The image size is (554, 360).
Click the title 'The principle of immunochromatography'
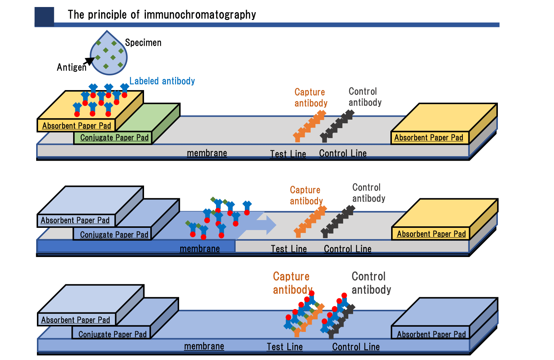pos(162,14)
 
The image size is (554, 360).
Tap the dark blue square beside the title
pos(44,17)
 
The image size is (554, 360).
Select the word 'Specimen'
pos(143,42)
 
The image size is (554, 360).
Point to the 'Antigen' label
pos(71,67)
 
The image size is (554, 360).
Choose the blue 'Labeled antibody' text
pos(162,81)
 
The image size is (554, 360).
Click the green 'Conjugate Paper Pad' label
pos(114,138)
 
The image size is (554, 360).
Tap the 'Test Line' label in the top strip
pos(288,154)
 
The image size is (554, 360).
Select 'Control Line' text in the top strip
pos(343,153)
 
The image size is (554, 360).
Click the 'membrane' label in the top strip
pos(207,153)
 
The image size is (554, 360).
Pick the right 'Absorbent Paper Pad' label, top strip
pos(428,138)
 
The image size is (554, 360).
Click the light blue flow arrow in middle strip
pos(262,224)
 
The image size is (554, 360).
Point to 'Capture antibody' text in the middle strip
pos(306,195)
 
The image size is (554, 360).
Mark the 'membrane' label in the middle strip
pos(200,248)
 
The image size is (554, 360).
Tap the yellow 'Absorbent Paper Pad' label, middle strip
pos(431,234)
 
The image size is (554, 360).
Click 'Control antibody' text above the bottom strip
pos(371,283)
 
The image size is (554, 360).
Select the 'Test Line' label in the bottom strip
pos(285,347)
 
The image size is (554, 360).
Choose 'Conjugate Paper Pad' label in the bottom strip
pos(112,334)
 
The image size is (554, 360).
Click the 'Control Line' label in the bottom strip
pos(356,347)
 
